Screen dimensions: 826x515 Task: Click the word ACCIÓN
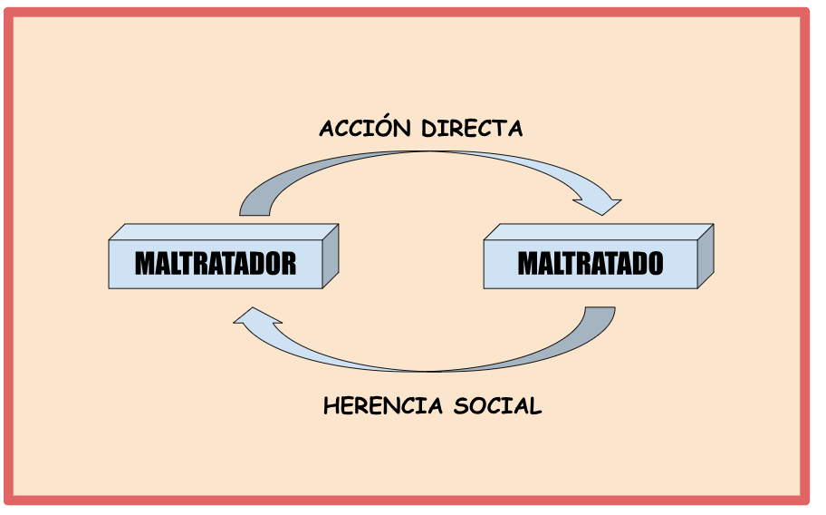[x=364, y=127]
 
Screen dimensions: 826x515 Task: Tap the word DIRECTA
[x=472, y=129]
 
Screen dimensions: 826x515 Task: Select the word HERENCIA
[x=383, y=406]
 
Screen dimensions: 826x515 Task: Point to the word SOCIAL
[x=497, y=406]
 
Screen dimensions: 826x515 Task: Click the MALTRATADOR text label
[x=216, y=264]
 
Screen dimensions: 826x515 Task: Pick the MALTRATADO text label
[x=590, y=264]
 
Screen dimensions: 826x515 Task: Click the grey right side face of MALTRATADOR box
[x=331, y=257]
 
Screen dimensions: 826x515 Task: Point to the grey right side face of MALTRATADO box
[x=706, y=257]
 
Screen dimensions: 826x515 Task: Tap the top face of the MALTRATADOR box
[x=224, y=232]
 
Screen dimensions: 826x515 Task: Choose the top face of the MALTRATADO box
[x=599, y=232]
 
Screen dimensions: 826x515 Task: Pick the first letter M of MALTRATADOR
[x=145, y=264]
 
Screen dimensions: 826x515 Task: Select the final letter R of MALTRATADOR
[x=289, y=264]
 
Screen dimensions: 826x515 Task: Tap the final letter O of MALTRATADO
[x=655, y=264]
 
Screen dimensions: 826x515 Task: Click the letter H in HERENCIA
[x=331, y=406]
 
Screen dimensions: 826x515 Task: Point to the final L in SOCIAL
[x=535, y=406]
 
